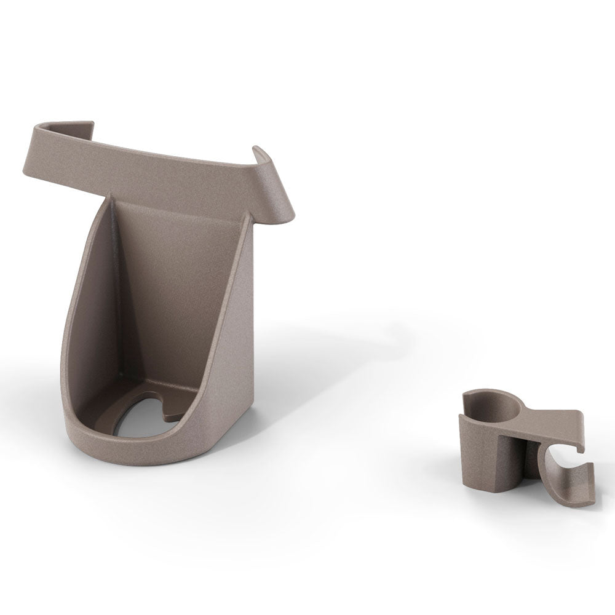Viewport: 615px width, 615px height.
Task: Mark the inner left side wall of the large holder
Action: [92, 307]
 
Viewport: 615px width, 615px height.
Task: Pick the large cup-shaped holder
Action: [166, 295]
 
